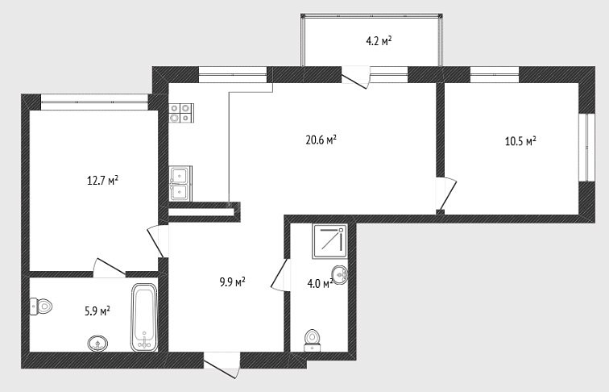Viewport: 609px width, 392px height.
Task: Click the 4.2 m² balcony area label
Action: (379, 41)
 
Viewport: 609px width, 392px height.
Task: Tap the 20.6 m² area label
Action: (321, 140)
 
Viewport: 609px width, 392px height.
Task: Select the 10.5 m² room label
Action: (520, 140)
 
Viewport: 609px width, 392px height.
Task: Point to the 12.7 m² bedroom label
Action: (102, 181)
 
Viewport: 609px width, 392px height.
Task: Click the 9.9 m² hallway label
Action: (232, 281)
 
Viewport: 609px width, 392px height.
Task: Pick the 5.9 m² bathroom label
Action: (97, 311)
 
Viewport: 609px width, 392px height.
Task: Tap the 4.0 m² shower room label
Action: (320, 283)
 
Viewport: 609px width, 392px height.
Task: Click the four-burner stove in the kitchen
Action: (181, 113)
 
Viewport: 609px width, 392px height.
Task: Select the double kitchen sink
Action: (180, 183)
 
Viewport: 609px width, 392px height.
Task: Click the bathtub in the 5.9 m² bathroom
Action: (144, 317)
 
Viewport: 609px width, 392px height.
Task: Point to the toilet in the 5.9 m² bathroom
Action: (41, 307)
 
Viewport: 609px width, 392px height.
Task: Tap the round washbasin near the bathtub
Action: (98, 344)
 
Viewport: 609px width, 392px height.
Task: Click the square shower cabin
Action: (329, 241)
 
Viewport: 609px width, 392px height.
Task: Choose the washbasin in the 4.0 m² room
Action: (339, 275)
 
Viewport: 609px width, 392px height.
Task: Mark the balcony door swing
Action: (355, 77)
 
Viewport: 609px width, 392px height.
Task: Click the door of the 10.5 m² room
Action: (446, 195)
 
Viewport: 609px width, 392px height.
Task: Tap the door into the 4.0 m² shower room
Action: (280, 274)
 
